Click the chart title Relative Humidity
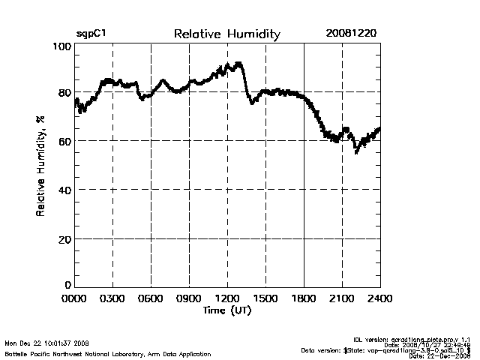click(226, 34)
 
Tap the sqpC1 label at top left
click(91, 34)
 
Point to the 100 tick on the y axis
click(62, 46)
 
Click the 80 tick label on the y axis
click(64, 93)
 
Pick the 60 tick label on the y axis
click(64, 142)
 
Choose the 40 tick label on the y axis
click(64, 190)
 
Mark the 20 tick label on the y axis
click(64, 239)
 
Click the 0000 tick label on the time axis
click(74, 299)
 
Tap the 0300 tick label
click(112, 299)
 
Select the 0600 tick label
click(151, 299)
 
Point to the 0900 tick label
click(189, 299)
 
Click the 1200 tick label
click(227, 299)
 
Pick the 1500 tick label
click(265, 299)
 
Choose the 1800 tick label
click(304, 299)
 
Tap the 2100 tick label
click(342, 299)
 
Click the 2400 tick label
click(380, 299)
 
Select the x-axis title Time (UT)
click(227, 310)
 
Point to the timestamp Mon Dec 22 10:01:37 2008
click(46, 342)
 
